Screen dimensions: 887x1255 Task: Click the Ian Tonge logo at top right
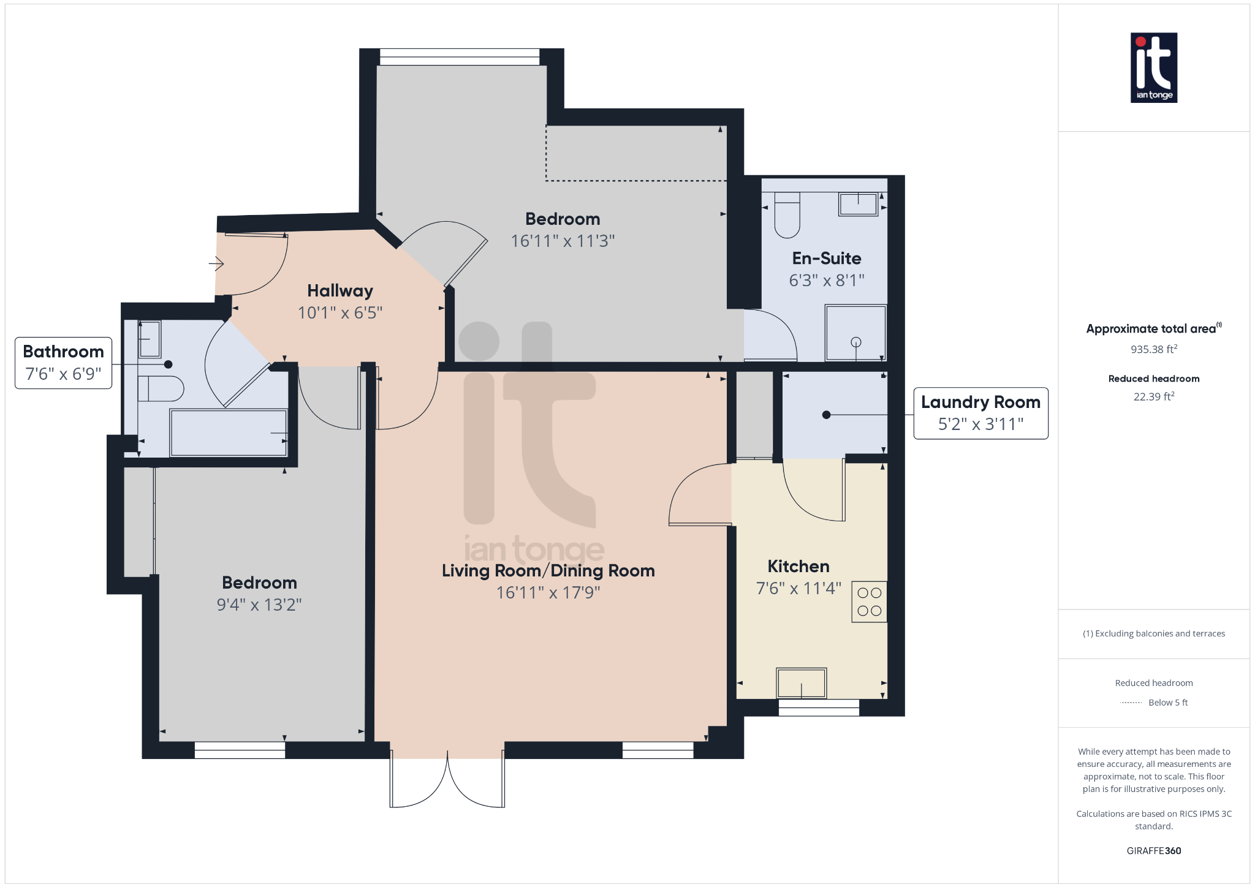(x=1153, y=67)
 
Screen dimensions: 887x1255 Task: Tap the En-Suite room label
(x=826, y=259)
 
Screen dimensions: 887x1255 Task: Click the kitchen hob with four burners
(x=869, y=602)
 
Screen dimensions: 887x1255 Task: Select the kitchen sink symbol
(x=801, y=682)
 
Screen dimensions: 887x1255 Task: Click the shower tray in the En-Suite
(x=855, y=333)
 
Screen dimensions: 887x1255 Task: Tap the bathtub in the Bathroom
(x=229, y=432)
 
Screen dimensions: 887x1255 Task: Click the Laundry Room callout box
(x=980, y=413)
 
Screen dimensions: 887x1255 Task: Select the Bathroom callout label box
(x=63, y=363)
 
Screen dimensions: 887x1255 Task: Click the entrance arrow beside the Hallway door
(x=216, y=264)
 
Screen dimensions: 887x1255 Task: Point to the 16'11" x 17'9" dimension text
(x=548, y=592)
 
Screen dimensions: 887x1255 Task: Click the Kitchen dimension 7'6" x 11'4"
(x=798, y=588)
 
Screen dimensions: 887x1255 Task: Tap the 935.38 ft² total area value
(x=1153, y=349)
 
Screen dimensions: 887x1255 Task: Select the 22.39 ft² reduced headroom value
(x=1153, y=396)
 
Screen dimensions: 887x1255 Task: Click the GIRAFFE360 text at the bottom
(x=1153, y=850)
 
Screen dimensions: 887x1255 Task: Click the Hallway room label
(x=339, y=290)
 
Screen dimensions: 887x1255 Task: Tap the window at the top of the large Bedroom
(x=460, y=57)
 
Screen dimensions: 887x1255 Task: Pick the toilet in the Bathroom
(x=161, y=388)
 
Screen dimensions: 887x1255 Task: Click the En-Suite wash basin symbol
(x=857, y=203)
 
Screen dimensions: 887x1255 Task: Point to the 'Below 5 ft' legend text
(x=1167, y=703)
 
